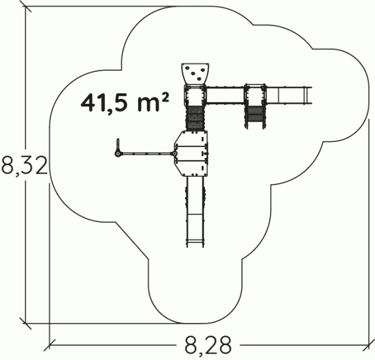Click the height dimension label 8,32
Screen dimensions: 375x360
pyautogui.click(x=24, y=166)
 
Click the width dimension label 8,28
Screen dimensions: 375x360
pyautogui.click(x=208, y=345)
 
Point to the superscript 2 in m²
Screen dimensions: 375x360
pyautogui.click(x=165, y=98)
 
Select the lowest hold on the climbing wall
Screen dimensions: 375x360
pyautogui.click(x=199, y=79)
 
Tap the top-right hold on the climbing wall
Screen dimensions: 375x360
pyautogui.click(x=202, y=70)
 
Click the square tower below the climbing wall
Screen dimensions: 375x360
pyautogui.click(x=195, y=95)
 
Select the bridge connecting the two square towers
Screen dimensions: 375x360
pyautogui.click(x=225, y=96)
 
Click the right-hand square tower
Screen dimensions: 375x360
pyautogui.click(x=256, y=95)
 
